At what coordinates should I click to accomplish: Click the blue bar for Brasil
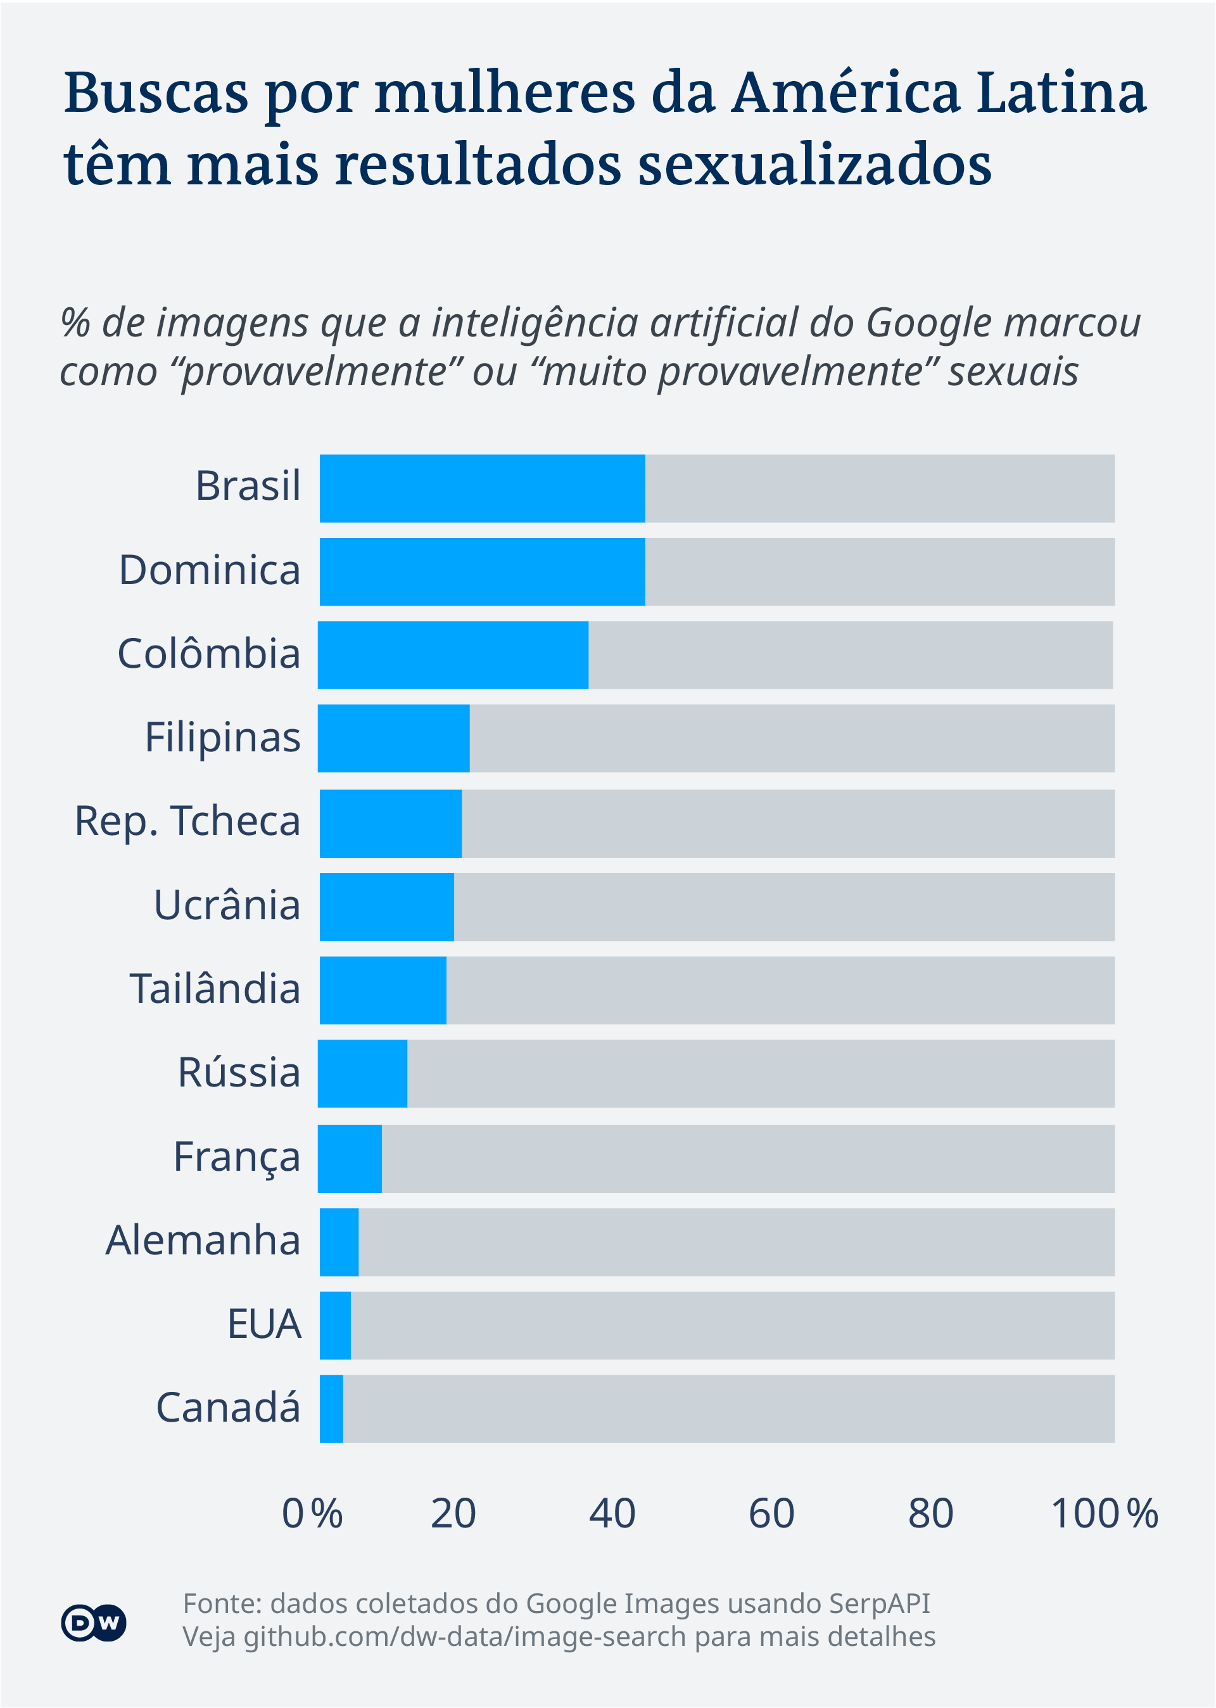[x=481, y=488]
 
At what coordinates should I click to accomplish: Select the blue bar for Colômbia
[x=452, y=654]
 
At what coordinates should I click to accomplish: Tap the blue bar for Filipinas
[x=393, y=738]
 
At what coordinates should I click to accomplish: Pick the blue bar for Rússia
[x=362, y=1073]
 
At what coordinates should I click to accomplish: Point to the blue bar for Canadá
[x=331, y=1408]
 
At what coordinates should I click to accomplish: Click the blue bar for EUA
[x=334, y=1325]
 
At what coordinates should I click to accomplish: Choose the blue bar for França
[x=350, y=1157]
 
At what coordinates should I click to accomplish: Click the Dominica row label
[x=210, y=571]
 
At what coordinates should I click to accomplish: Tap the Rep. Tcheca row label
[x=187, y=822]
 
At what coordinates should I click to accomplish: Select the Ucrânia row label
[x=227, y=905]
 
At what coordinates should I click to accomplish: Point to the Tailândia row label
[x=215, y=989]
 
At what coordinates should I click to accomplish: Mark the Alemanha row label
[x=203, y=1240]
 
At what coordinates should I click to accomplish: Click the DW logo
[x=94, y=1623]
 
